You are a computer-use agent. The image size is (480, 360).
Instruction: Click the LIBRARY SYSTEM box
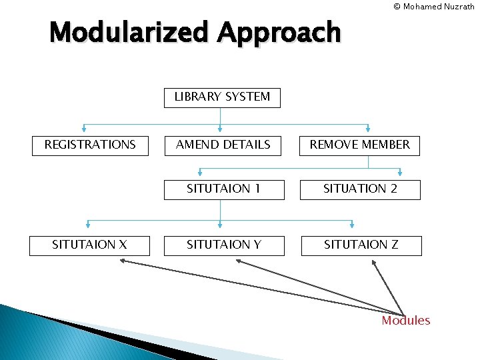[222, 97]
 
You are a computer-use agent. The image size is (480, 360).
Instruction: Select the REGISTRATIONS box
[90, 145]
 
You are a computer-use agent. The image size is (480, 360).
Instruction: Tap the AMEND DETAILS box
[223, 145]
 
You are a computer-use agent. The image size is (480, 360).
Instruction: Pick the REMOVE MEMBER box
[360, 145]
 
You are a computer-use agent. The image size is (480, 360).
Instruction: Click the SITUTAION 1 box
[223, 189]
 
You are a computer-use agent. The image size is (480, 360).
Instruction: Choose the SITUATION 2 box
[360, 189]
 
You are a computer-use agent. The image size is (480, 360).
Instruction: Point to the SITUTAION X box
[90, 245]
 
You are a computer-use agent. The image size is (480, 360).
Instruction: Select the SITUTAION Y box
[223, 245]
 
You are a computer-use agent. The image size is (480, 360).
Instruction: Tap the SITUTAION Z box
[361, 245]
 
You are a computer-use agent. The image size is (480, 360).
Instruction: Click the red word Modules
[405, 321]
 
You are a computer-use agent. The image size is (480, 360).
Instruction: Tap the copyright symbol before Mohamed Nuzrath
[397, 7]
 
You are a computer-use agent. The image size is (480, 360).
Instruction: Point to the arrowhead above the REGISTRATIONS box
[84, 130]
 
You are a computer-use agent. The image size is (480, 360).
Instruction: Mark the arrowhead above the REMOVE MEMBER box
[369, 130]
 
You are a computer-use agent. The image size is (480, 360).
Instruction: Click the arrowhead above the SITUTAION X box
[88, 225]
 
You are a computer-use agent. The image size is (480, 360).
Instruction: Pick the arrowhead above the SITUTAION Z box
[353, 225]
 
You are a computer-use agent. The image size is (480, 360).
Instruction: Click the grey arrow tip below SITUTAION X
[122, 261]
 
